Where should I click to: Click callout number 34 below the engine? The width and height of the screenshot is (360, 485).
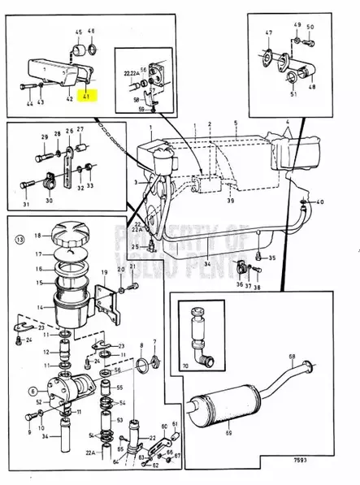coord(206,264)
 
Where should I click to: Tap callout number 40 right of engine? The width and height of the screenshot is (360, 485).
coord(319,201)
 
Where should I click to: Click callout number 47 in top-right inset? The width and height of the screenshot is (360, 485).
coord(269,33)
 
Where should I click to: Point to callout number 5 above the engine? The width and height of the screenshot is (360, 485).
coord(235,123)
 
